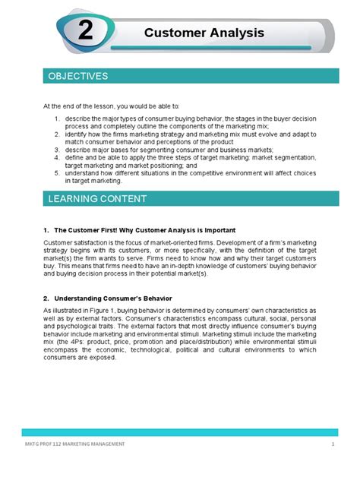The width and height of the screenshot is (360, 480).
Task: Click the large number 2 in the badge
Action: tap(85, 33)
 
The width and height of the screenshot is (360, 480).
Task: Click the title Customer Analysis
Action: tap(204, 33)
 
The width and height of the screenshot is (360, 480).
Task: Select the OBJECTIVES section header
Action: tap(78, 77)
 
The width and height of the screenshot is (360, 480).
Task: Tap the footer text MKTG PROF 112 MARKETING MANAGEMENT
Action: tap(74, 443)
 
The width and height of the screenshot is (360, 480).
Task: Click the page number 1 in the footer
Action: tap(333, 443)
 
